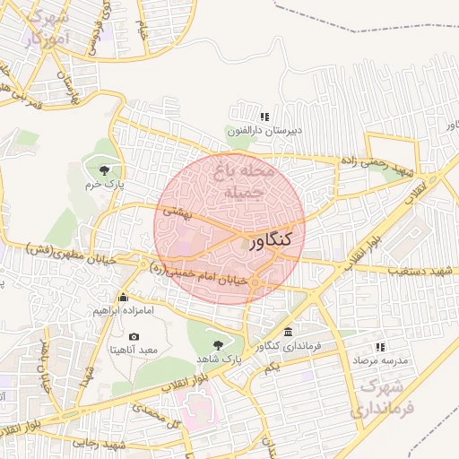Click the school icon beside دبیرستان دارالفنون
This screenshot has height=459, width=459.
pyautogui.click(x=264, y=117)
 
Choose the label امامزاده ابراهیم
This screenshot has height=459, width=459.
pyautogui.click(x=124, y=311)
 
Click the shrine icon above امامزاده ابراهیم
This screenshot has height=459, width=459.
pyautogui.click(x=124, y=298)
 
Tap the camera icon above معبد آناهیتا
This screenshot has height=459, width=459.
pyautogui.click(x=134, y=335)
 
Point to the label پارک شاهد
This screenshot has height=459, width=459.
pyautogui.click(x=219, y=358)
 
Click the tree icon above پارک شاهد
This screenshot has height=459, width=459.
pyautogui.click(x=218, y=343)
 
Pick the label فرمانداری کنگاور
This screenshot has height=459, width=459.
pyautogui.click(x=286, y=345)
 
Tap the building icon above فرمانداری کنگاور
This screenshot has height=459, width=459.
pyautogui.click(x=286, y=332)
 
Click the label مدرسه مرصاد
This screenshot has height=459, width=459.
pyautogui.click(x=379, y=359)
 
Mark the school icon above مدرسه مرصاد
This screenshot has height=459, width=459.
pyautogui.click(x=379, y=346)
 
